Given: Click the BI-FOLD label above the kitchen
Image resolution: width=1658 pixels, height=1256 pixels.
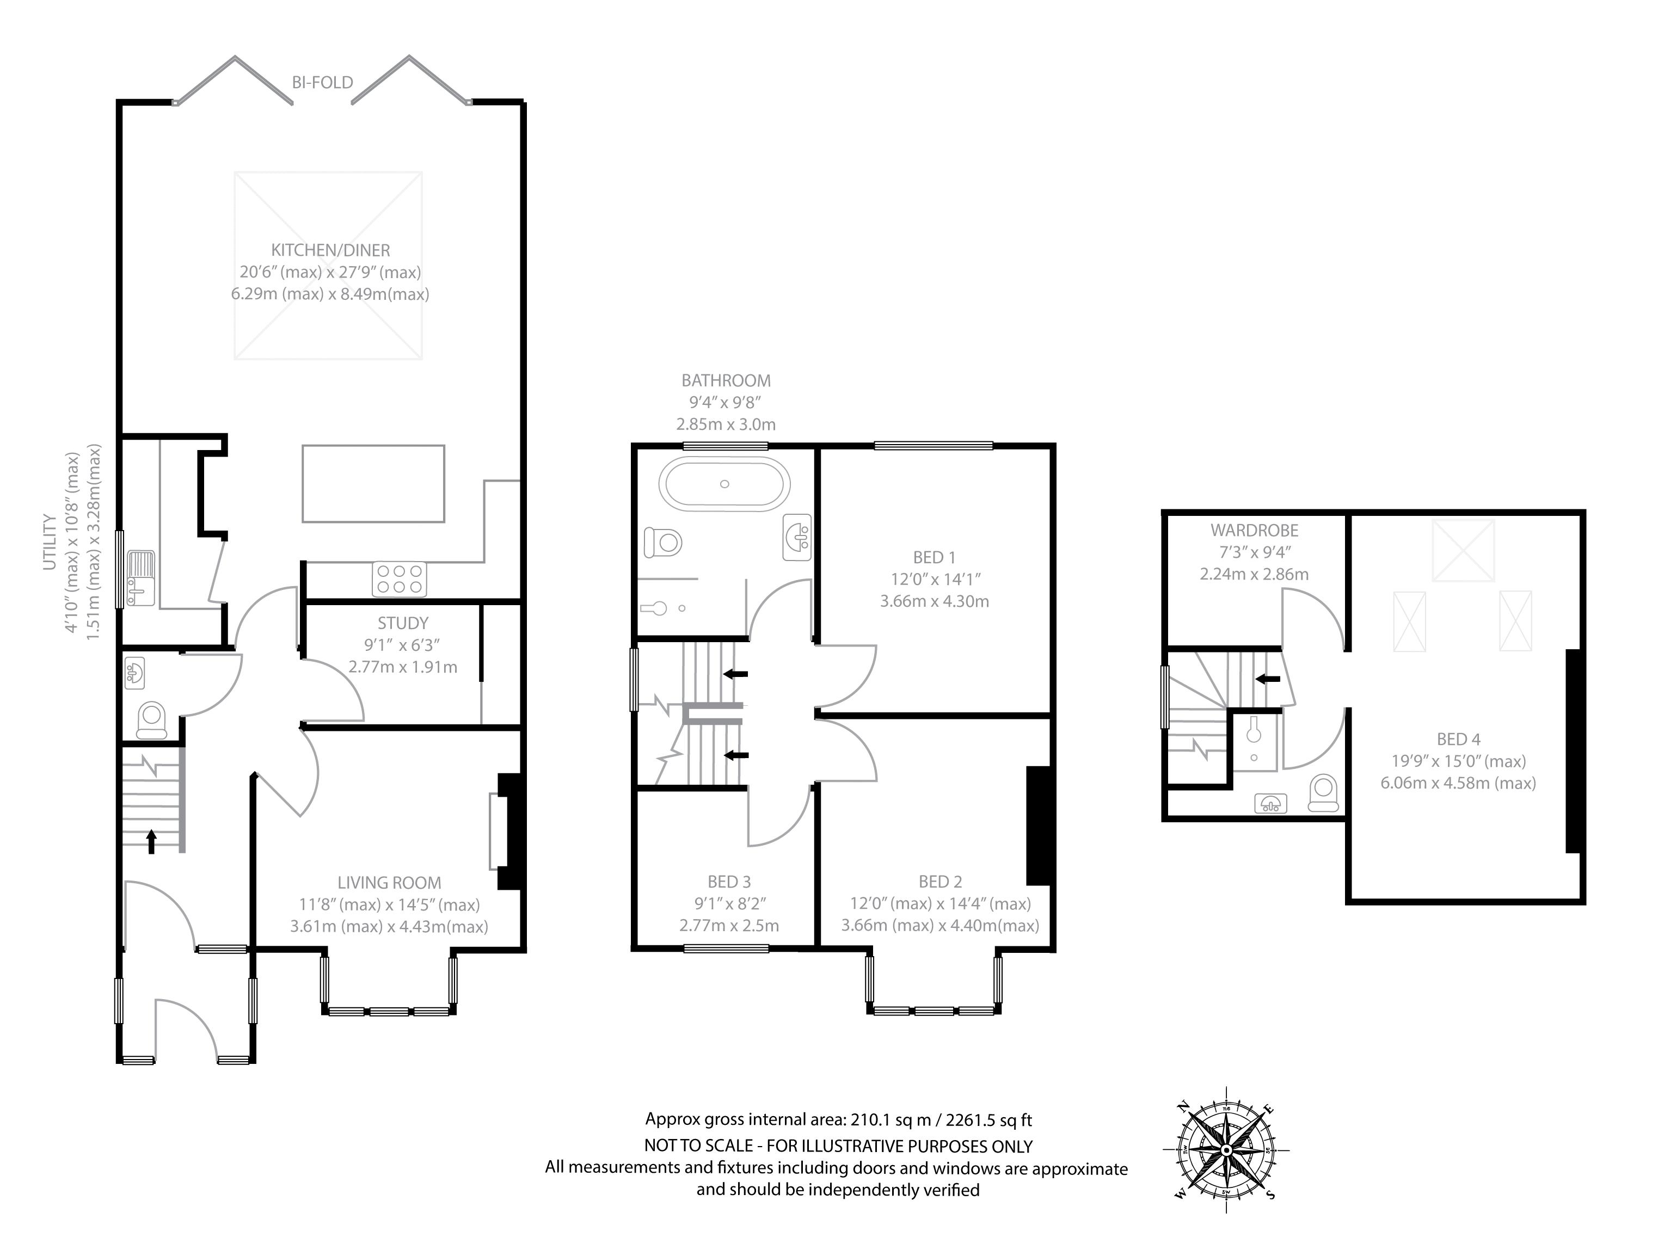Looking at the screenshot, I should click(x=322, y=82).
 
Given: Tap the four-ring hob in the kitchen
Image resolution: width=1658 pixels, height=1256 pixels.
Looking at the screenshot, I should click(x=399, y=579).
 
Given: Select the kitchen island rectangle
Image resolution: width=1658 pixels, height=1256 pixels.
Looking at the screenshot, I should click(x=373, y=483).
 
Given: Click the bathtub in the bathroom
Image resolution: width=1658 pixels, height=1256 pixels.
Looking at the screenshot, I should click(x=724, y=484).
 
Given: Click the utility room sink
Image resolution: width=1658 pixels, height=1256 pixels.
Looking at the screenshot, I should click(x=140, y=578).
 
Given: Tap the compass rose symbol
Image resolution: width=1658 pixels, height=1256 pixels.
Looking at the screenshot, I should click(x=1226, y=1149).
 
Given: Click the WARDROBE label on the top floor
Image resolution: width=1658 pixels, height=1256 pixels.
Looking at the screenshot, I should click(x=1254, y=531).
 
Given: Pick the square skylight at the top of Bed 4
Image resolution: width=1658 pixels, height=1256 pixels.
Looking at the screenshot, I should click(x=1463, y=551).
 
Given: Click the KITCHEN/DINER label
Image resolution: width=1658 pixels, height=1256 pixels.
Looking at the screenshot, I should click(x=330, y=250).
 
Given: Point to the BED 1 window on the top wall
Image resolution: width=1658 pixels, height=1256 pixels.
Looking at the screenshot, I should click(x=933, y=447).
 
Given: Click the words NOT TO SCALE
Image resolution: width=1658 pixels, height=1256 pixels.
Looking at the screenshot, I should click(x=698, y=1146).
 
